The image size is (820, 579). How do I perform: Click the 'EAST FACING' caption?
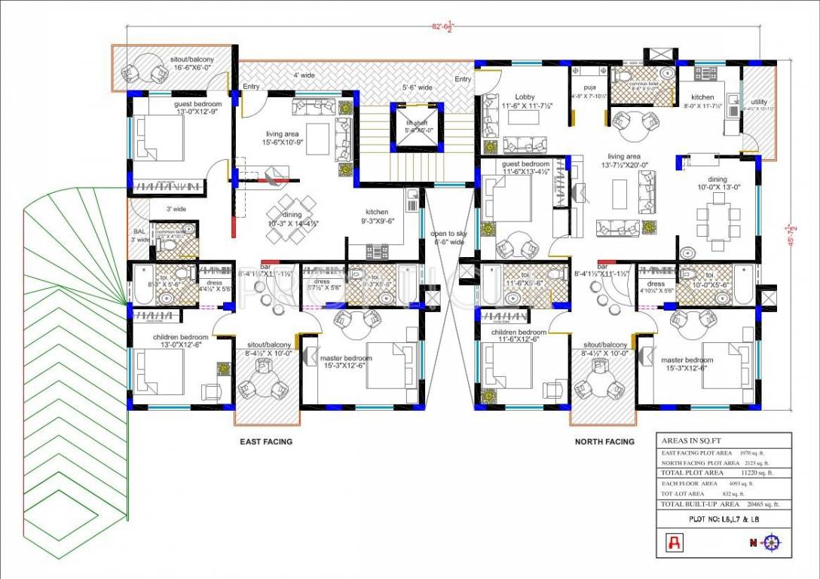pos(265,442)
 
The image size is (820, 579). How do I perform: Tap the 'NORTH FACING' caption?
pos(605,442)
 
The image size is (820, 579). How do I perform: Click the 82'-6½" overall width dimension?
pos(442,27)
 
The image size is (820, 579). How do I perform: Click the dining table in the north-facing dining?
pos(717,217)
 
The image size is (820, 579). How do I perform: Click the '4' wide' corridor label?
pos(304,75)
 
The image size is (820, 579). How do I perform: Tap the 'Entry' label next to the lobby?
pos(463,79)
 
